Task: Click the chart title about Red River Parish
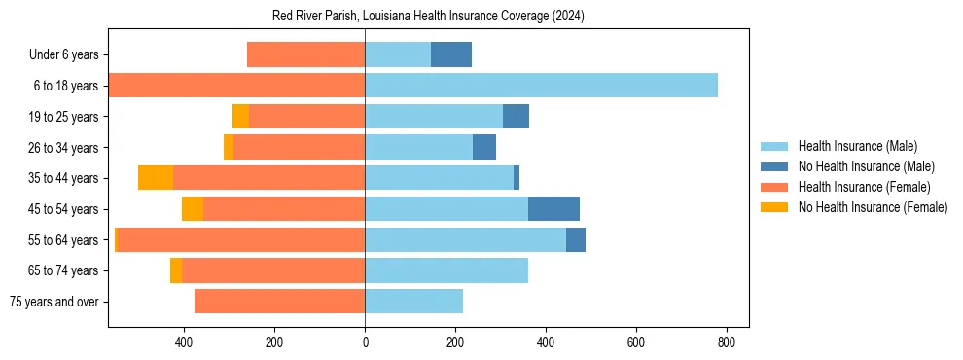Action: click(428, 17)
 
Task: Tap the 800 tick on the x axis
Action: click(727, 342)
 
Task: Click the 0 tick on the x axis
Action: click(365, 342)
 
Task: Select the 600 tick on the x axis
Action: click(636, 342)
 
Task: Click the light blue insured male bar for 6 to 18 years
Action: click(541, 86)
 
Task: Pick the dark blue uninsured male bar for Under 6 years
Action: click(451, 55)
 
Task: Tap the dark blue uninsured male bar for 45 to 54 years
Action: click(553, 209)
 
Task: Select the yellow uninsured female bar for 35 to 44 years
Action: click(156, 178)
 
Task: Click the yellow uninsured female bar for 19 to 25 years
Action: click(240, 117)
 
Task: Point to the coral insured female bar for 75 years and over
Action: click(279, 302)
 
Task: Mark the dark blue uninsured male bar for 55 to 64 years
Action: click(576, 240)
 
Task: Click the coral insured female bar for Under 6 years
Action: click(305, 55)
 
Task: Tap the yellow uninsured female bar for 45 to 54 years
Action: click(193, 209)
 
